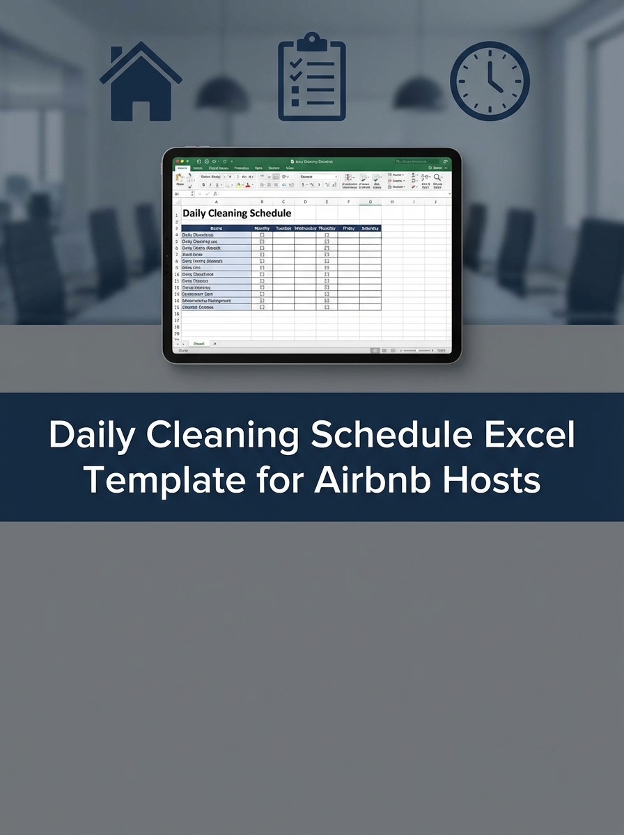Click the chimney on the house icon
click(116, 56)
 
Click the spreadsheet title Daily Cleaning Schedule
click(237, 214)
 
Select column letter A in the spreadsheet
click(216, 202)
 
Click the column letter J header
click(435, 202)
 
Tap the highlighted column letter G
click(370, 202)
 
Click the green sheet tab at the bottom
click(198, 344)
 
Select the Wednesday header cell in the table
click(305, 228)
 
